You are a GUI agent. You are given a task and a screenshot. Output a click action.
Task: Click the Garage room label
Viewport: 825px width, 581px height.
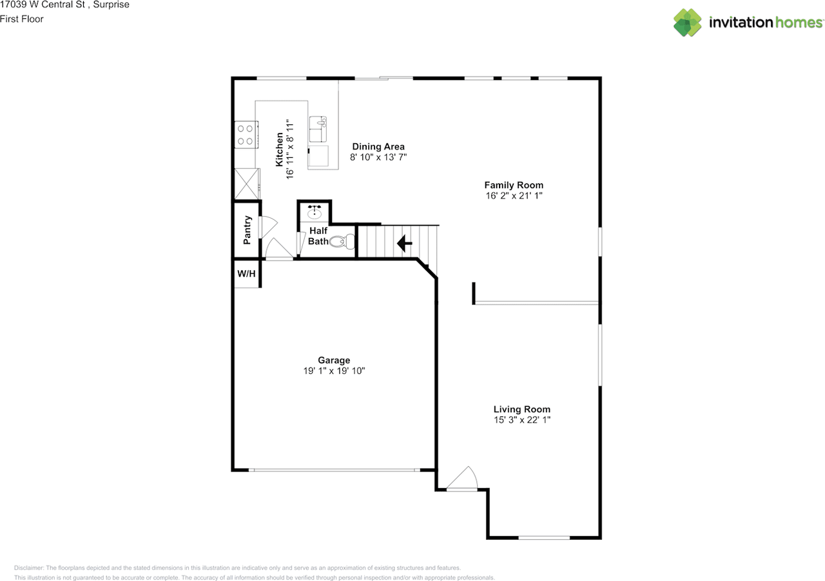(334, 360)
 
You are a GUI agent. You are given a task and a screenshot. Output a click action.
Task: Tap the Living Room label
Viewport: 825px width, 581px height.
(521, 409)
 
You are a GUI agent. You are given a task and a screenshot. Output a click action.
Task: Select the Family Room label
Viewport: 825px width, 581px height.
(514, 185)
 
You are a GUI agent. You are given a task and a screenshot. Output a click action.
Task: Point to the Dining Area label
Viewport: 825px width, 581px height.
(378, 146)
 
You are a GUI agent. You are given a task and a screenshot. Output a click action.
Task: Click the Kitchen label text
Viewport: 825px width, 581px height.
(280, 150)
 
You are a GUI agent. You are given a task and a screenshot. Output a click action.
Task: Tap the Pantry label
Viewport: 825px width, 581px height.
(247, 230)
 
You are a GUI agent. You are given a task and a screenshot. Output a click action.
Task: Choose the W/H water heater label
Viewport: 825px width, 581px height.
(246, 274)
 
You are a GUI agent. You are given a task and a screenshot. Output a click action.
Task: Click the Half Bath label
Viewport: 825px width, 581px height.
(318, 236)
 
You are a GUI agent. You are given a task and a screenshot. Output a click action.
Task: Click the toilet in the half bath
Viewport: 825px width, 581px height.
(343, 241)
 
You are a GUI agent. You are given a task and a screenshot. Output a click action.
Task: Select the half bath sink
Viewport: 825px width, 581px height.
(315, 212)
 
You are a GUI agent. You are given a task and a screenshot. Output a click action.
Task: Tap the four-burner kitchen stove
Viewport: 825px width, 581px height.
(245, 134)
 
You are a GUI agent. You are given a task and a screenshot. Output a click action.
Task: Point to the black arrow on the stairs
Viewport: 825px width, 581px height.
(404, 244)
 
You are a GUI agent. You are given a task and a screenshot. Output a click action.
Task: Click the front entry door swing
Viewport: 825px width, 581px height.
(463, 480)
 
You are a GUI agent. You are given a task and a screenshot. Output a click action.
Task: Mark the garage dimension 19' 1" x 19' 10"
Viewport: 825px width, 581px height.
(334, 371)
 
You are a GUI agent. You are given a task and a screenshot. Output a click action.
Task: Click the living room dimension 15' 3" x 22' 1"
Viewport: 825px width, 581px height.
(521, 420)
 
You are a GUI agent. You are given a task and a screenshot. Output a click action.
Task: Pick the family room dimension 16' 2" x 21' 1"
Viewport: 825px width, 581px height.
(514, 195)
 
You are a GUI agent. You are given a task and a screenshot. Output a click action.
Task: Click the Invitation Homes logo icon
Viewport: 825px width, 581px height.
(688, 23)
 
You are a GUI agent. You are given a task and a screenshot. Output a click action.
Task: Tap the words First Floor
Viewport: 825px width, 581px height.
(22, 19)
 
